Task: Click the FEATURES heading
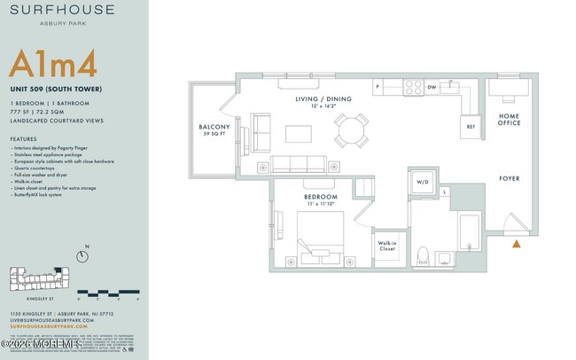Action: coord(23,140)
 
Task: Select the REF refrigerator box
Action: coord(471,127)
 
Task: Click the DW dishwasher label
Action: coord(431,88)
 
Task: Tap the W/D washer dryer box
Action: coord(423,184)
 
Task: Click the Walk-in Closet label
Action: coord(387,246)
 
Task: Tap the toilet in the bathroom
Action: coord(423,255)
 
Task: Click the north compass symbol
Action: coord(82,257)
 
